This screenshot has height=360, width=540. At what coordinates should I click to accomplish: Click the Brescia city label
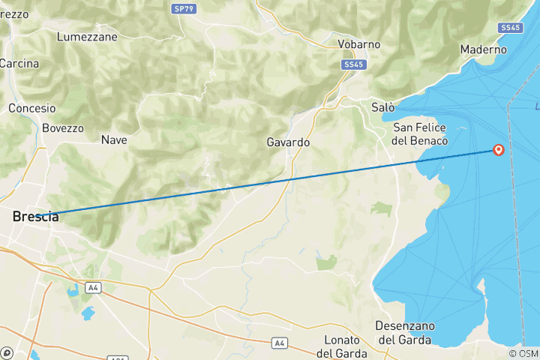click(35, 216)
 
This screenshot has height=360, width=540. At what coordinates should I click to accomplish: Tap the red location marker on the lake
click(498, 150)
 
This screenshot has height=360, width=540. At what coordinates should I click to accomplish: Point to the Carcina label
click(19, 64)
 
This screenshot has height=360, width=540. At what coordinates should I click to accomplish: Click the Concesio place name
click(32, 109)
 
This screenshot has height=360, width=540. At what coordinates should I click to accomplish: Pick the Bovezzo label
click(63, 128)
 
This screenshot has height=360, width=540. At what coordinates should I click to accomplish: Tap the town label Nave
click(114, 139)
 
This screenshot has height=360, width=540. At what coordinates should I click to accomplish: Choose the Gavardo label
click(288, 142)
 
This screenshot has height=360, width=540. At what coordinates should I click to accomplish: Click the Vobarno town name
click(358, 44)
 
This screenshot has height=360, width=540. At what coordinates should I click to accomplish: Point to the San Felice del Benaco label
click(420, 134)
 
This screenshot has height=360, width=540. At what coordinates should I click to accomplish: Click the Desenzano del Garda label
click(405, 332)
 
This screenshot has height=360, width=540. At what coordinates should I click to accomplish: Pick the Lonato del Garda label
click(341, 346)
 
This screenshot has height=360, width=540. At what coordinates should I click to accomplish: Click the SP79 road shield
click(181, 8)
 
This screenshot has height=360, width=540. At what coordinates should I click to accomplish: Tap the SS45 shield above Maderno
click(509, 28)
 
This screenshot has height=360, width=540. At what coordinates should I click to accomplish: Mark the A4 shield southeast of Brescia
click(93, 287)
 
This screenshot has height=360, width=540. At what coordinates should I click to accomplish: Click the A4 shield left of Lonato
click(280, 343)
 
